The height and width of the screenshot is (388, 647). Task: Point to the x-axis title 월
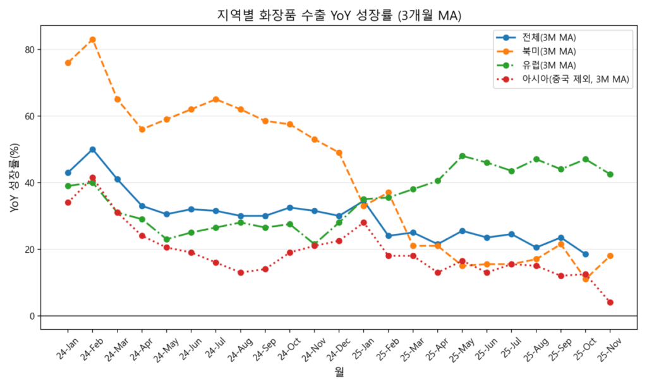[x=339, y=373]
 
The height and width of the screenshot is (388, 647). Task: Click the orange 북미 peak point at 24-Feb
[x=92, y=39]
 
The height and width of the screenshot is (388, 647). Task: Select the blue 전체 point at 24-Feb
[x=92, y=150]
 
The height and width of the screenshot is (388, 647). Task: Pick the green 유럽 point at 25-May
[x=462, y=156]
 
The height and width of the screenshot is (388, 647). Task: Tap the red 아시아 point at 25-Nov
[x=610, y=303]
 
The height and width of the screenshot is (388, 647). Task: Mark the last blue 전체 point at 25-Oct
[x=585, y=254]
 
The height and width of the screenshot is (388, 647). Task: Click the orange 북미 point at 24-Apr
[x=142, y=130]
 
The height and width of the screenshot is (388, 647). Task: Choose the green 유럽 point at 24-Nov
[x=314, y=245]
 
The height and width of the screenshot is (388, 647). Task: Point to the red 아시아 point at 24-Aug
[x=240, y=272]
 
